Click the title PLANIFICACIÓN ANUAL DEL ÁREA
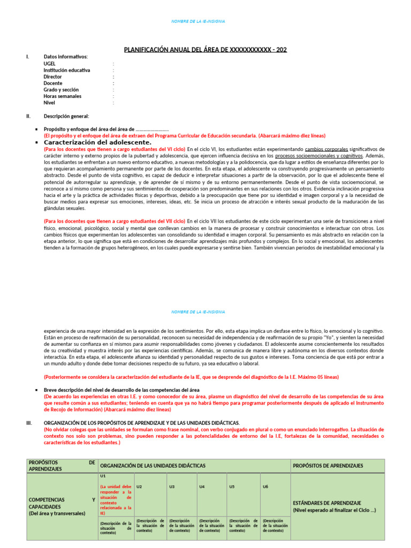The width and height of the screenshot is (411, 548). click(205, 50)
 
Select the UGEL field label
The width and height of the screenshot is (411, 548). click(50, 63)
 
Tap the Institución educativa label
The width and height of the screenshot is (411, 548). click(67, 70)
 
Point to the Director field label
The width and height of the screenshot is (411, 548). click(52, 77)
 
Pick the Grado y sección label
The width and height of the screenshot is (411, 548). click(61, 90)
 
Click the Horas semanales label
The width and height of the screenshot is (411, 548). click(63, 96)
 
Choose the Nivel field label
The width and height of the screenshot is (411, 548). click(49, 103)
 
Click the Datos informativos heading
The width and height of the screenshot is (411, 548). click(66, 56)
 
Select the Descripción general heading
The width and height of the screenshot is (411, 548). click(66, 116)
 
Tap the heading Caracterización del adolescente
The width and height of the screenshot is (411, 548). click(97, 142)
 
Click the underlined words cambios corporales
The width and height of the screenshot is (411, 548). click(326, 149)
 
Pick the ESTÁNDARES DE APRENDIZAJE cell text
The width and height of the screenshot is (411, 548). click(327, 503)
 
